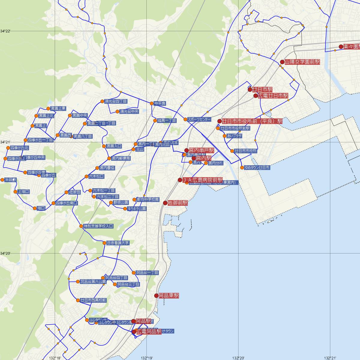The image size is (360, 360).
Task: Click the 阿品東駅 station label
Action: [169, 295]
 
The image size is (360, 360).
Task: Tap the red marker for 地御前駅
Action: [165, 203]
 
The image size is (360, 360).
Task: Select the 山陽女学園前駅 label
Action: [302, 62]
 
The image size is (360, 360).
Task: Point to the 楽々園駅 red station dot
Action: [341, 46]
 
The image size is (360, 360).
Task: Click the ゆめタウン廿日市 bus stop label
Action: [257, 167]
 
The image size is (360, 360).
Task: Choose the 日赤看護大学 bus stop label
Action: [118, 243]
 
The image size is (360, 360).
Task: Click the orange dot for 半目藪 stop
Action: [2, 180]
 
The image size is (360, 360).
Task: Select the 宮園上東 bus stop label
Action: [58, 108]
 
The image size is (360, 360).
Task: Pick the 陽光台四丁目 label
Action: [116, 101]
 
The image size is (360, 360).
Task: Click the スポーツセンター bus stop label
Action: [199, 119]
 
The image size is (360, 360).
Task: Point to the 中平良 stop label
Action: [160, 103]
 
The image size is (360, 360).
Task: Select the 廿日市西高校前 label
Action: [93, 300]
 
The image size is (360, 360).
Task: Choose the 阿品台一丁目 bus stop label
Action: [147, 273]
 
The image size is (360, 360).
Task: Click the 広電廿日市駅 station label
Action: [273, 96]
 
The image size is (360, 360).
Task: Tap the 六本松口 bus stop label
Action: [96, 176]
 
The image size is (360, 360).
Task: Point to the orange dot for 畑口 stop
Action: [35, 208]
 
